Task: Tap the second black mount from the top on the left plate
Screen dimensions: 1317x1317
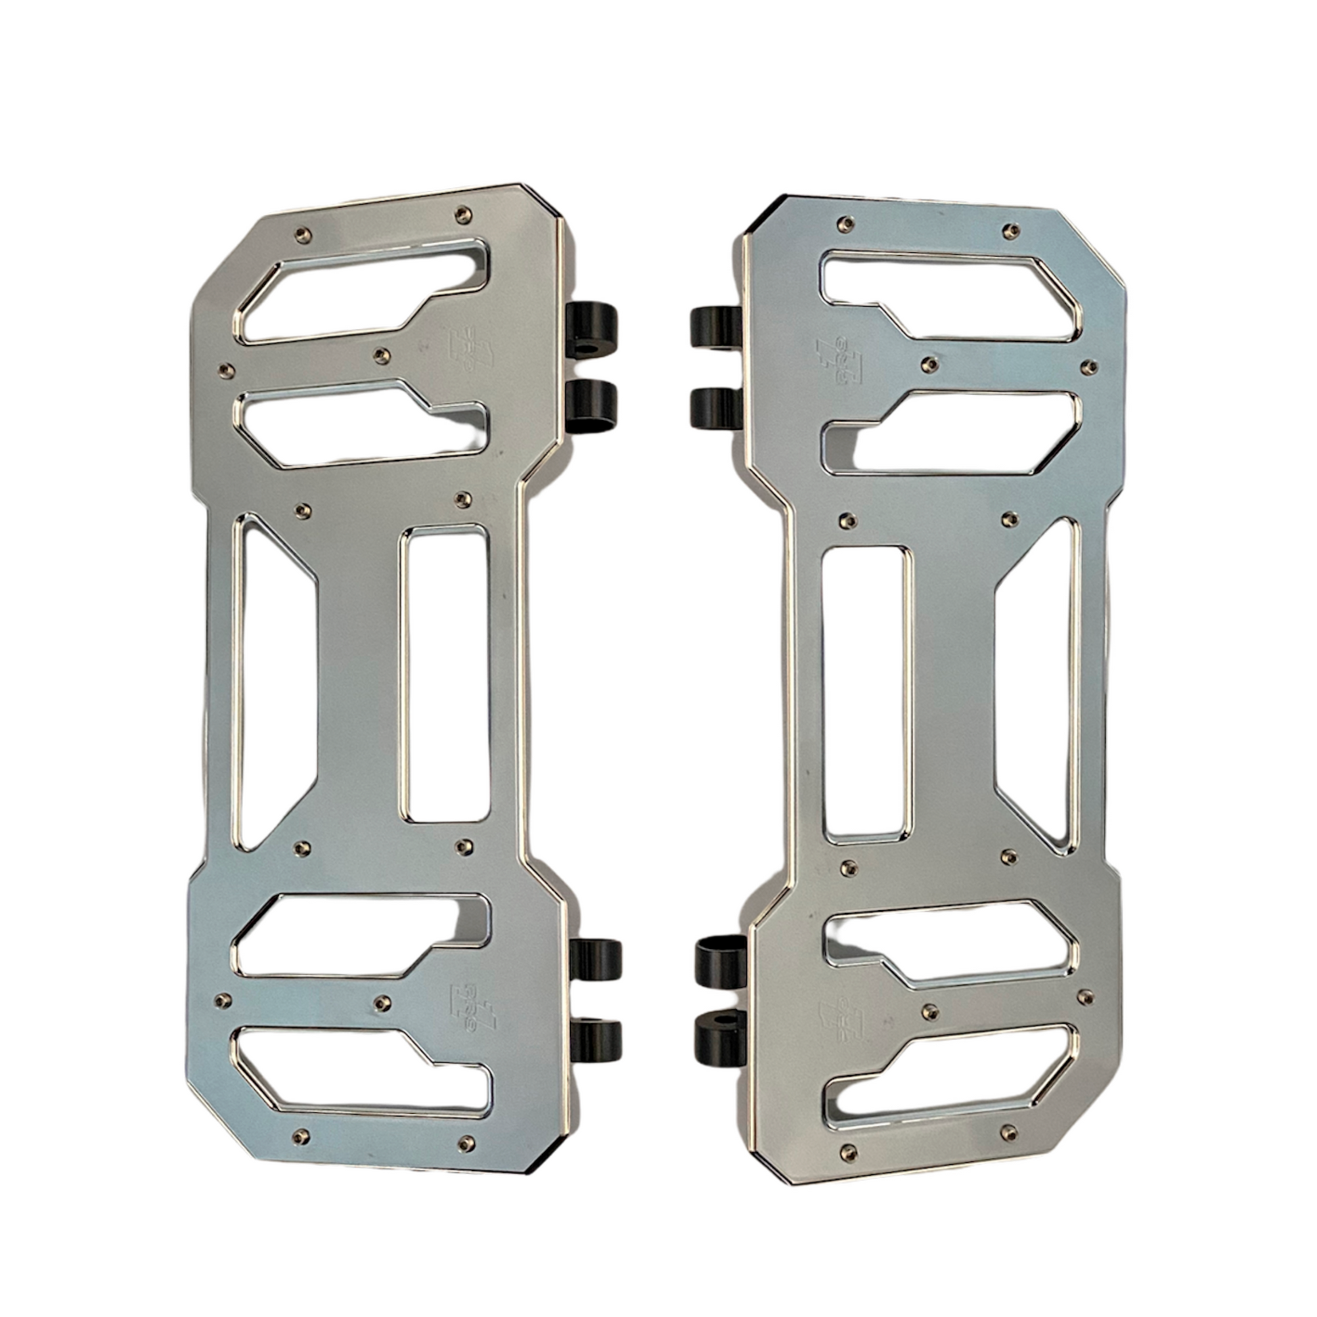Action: point(591,406)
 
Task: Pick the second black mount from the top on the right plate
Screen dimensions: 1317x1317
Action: point(716,408)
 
